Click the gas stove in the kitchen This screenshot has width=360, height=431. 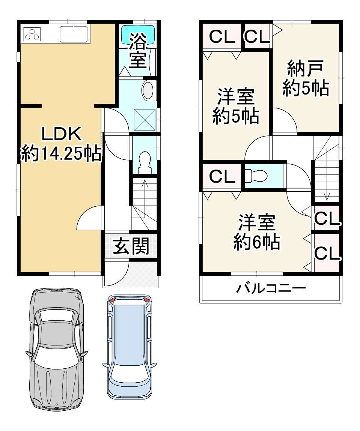pyautogui.click(x=32, y=34)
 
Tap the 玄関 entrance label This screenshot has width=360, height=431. pyautogui.click(x=131, y=246)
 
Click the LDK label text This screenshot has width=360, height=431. pyautogui.click(x=61, y=134)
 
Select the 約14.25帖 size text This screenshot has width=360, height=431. pyautogui.click(x=61, y=154)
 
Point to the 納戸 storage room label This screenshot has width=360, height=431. pyautogui.click(x=305, y=69)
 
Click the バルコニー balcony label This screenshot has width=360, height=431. pyautogui.click(x=271, y=288)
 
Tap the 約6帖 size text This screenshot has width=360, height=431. pyautogui.click(x=257, y=242)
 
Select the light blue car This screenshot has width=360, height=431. pyautogui.click(x=130, y=347)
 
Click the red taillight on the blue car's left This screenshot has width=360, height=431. pyautogui.click(x=113, y=299)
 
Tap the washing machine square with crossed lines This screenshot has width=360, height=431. pyautogui.click(x=145, y=120)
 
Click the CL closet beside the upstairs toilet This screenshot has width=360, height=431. pyautogui.click(x=221, y=176)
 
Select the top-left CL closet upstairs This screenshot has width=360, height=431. pyautogui.click(x=221, y=36)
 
